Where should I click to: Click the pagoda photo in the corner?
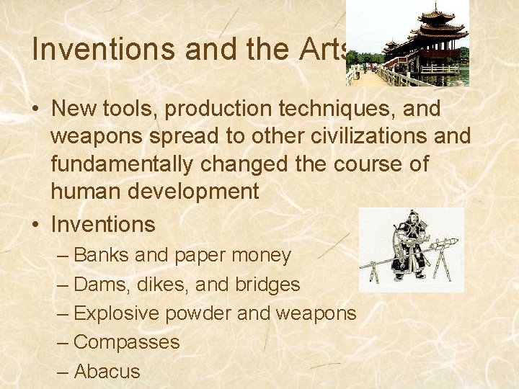point(407,43)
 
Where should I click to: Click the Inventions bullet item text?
point(103,224)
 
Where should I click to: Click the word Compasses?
point(127,342)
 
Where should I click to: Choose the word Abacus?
point(107,371)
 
